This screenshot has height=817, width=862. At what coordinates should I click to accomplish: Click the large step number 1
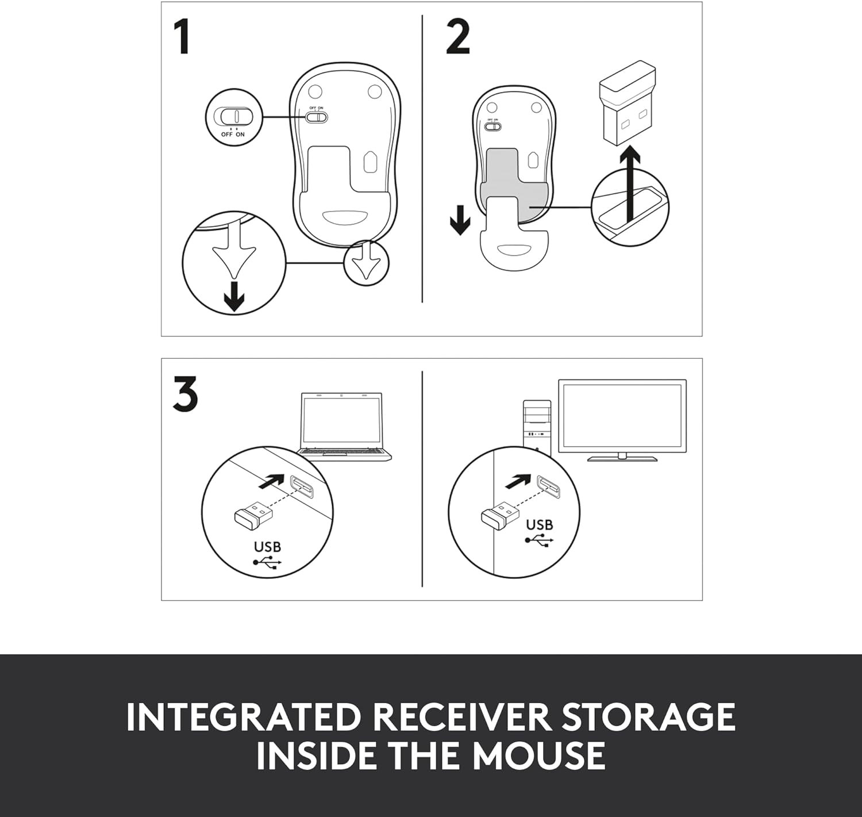tap(182, 37)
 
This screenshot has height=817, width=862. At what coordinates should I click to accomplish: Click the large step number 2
tap(458, 37)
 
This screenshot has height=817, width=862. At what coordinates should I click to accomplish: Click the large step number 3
tap(186, 394)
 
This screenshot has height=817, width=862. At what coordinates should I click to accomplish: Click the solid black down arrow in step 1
tap(234, 296)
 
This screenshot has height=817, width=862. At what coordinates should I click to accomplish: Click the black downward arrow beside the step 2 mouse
tap(460, 220)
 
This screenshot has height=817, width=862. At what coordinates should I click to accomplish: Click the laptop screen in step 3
tap(341, 420)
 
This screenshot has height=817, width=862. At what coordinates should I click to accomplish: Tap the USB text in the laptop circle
tap(267, 547)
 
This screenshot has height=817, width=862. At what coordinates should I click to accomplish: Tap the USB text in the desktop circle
tap(539, 525)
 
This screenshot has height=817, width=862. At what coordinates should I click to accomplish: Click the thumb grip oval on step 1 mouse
tap(345, 217)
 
